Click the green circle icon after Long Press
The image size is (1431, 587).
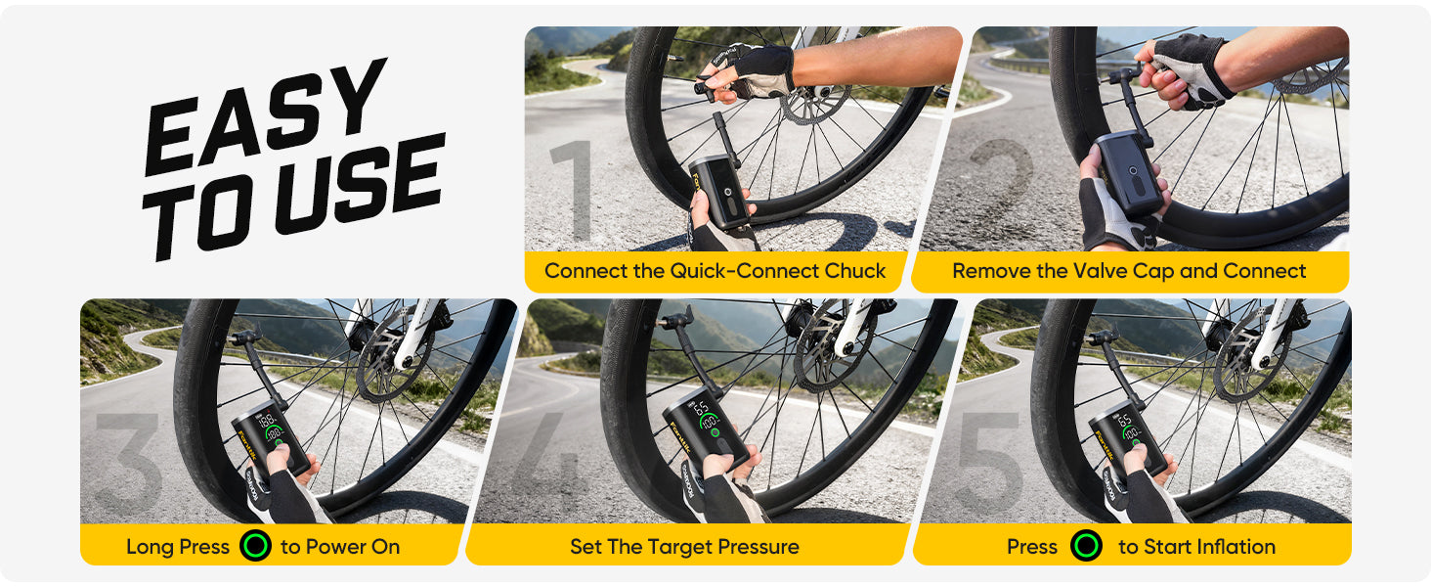point(255,546)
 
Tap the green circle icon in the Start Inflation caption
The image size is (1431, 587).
point(1086,546)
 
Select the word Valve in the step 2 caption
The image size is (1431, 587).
point(1103,271)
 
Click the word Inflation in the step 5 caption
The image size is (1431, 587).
point(1230,547)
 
